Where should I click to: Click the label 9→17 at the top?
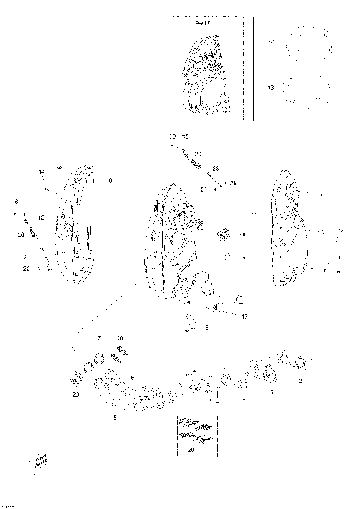[x=202, y=23]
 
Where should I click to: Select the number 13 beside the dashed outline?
[x=271, y=88]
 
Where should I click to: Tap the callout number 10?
[x=109, y=181]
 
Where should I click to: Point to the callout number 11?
[x=254, y=215]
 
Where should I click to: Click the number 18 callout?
[x=242, y=235]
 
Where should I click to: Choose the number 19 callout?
[x=242, y=257]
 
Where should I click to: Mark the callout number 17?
[x=244, y=316]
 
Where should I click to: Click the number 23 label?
[x=215, y=169]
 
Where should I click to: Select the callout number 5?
[x=115, y=417]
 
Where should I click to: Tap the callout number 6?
[x=132, y=378]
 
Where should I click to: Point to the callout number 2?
[x=301, y=382]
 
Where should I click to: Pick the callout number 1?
[x=271, y=392]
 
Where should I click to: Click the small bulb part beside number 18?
[x=223, y=235]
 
